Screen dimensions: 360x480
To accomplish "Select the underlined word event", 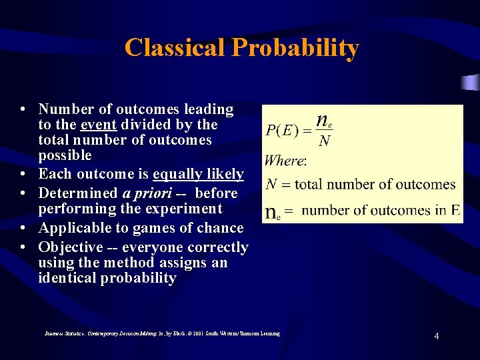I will pyautogui.click(x=97, y=125).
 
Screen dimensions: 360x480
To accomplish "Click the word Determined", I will pyautogui.click(x=77, y=193).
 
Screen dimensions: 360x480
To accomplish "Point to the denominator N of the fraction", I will pyautogui.click(x=325, y=141).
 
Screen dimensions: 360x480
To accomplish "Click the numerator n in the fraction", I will pyautogui.click(x=322, y=120).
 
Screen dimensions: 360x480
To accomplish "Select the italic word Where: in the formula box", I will pyautogui.click(x=285, y=160).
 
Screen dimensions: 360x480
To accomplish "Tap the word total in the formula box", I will pyautogui.click(x=310, y=185).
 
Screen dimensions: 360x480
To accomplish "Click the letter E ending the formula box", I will pyautogui.click(x=455, y=210).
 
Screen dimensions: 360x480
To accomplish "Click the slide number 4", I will pyautogui.click(x=436, y=336).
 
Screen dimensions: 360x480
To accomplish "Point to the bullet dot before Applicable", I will pyautogui.click(x=23, y=229).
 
